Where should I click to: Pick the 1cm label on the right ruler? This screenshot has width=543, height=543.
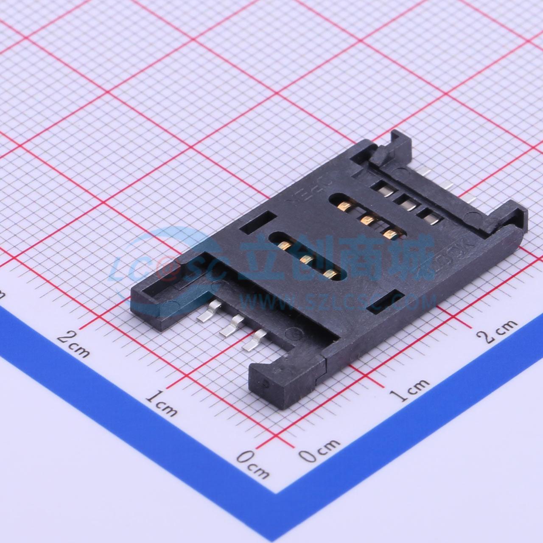(409, 390)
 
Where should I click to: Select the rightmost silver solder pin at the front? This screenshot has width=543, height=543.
(253, 341)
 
